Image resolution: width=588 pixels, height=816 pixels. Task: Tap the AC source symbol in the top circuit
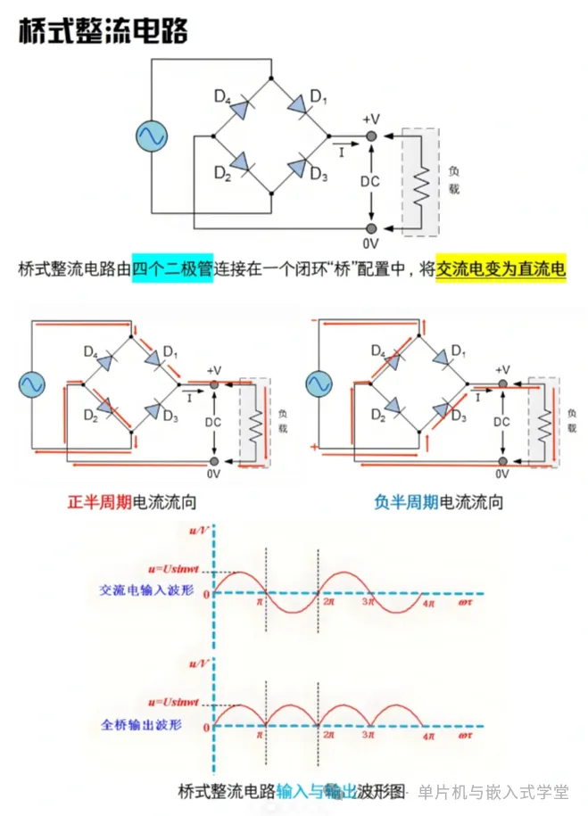click(x=152, y=136)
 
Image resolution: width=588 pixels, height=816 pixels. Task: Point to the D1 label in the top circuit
click(x=319, y=95)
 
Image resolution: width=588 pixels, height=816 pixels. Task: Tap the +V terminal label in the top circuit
click(x=371, y=120)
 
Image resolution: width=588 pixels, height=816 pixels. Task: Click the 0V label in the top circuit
click(x=371, y=243)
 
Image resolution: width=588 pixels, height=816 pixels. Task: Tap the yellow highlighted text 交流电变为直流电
click(x=501, y=268)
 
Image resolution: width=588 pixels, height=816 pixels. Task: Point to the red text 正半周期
click(x=100, y=502)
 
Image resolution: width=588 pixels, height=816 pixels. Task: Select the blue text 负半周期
click(x=406, y=502)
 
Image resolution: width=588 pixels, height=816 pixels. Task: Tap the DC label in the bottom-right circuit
click(x=501, y=421)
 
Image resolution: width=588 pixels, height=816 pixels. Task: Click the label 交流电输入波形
click(x=140, y=589)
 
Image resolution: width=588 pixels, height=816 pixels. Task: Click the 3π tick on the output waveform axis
click(x=367, y=737)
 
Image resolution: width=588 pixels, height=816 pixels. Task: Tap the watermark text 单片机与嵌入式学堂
click(x=493, y=792)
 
